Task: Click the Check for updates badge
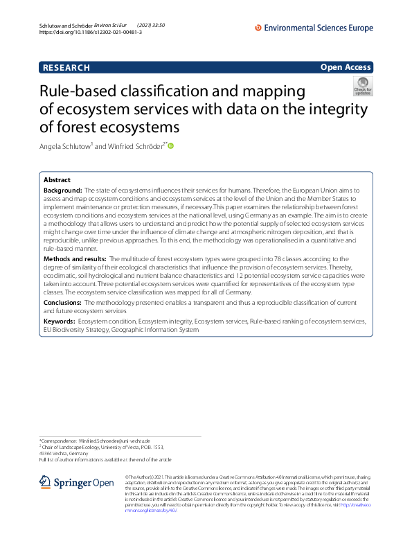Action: pyautogui.click(x=363, y=86)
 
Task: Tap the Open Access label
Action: pyautogui.click(x=346, y=67)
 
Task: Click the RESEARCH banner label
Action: pyautogui.click(x=66, y=68)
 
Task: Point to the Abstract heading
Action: pyautogui.click(x=57, y=179)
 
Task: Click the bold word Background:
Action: pyautogui.click(x=63, y=189)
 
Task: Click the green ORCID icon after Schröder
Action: pyautogui.click(x=171, y=146)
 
